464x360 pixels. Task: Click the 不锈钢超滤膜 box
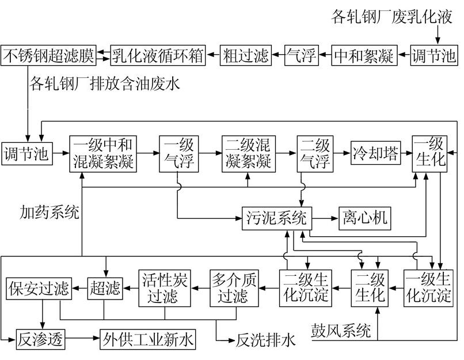pos(48,56)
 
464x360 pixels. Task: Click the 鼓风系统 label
pos(340,331)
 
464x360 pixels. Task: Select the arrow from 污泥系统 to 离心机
pos(324,218)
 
